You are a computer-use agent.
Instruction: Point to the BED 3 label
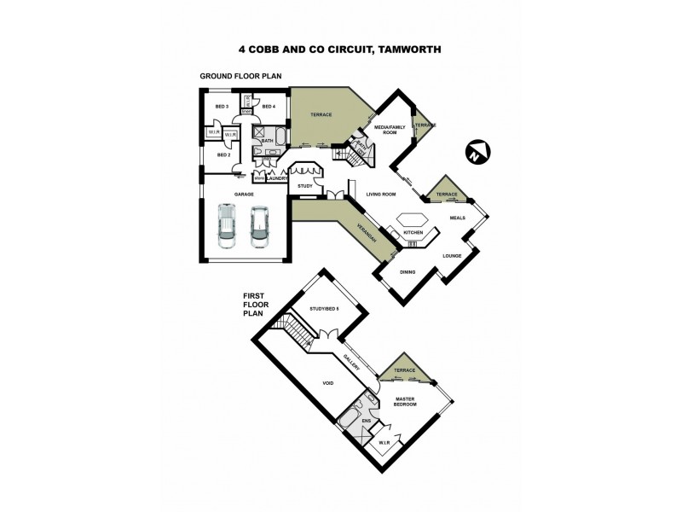tap(222, 106)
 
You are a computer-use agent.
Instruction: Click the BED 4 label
tap(269, 106)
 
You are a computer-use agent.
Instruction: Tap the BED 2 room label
tap(223, 155)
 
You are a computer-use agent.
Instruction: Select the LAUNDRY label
tap(277, 178)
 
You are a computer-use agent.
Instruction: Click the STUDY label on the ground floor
tap(303, 185)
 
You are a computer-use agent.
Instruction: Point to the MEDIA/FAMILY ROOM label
tap(390, 130)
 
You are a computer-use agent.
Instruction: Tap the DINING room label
tap(408, 272)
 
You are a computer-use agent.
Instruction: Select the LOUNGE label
tap(452, 255)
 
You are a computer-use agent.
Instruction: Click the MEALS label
tap(457, 218)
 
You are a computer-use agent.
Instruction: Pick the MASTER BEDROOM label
tap(405, 400)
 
